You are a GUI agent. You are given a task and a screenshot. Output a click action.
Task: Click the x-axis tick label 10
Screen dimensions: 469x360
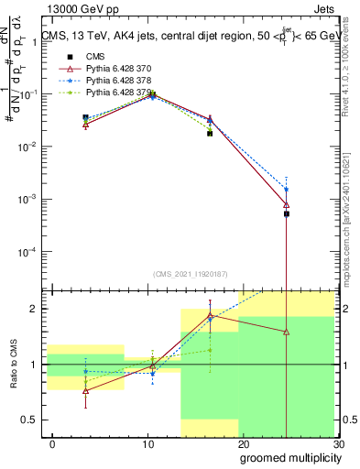[147, 444]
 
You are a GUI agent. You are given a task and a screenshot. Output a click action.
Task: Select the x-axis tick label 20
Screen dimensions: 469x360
[243, 444]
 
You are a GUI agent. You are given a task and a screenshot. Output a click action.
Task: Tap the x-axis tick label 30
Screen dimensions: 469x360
[338, 444]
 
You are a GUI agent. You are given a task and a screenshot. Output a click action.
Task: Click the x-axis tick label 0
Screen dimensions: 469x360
[52, 444]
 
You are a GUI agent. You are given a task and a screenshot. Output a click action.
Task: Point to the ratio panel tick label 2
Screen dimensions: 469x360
[33, 309]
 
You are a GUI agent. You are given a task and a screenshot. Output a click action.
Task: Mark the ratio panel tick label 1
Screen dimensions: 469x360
[33, 365]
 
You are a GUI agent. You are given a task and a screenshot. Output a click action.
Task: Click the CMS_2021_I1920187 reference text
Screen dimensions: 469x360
[191, 274]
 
